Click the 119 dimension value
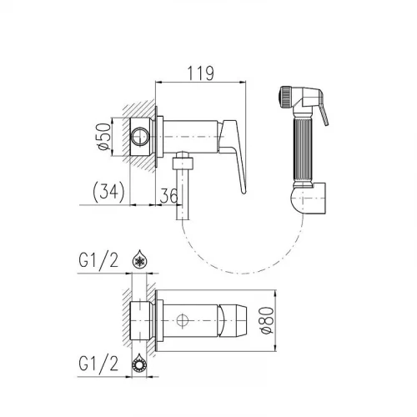[x=201, y=73]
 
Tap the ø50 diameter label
[x=104, y=137]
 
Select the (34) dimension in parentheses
[x=108, y=192]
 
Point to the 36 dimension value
[x=168, y=196]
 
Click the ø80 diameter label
[x=267, y=319]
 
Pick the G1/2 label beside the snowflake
[x=98, y=260]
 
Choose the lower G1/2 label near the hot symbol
[x=98, y=364]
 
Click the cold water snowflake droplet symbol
[x=139, y=259]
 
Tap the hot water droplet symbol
[x=138, y=363]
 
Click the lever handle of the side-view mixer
[x=235, y=150]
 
